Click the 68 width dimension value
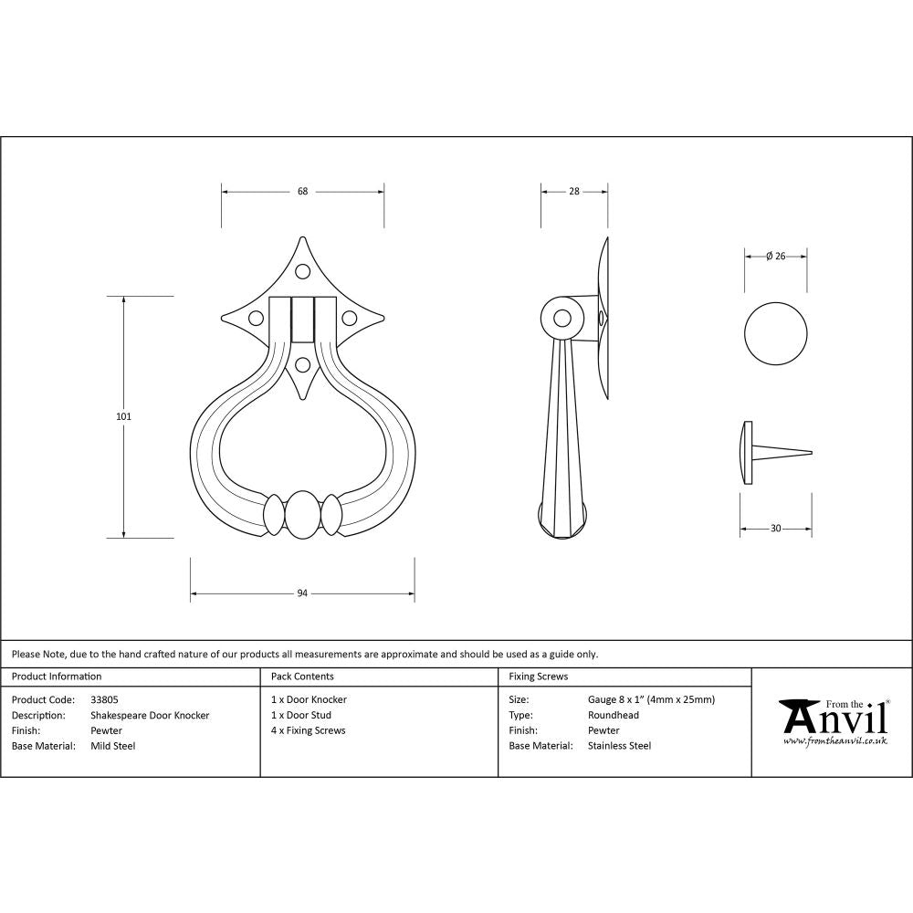pos(302,192)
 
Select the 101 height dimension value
pos(124,416)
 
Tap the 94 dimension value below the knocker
pos(302,593)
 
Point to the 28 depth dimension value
pos(574,192)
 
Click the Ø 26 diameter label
pos(776,257)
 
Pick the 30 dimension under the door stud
pos(776,529)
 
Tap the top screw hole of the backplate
pos(303,271)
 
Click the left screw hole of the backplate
pos(257,319)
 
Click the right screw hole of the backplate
pos(349,319)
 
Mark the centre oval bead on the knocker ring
pos(303,517)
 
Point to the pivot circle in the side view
pos(562,319)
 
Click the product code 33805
pos(104,699)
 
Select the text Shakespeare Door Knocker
pos(150,715)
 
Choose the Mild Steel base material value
pos(113,746)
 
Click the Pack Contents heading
pos(302,677)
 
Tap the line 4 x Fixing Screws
pos(308,730)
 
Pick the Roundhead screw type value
pos(614,715)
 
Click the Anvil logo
pos(833,721)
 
